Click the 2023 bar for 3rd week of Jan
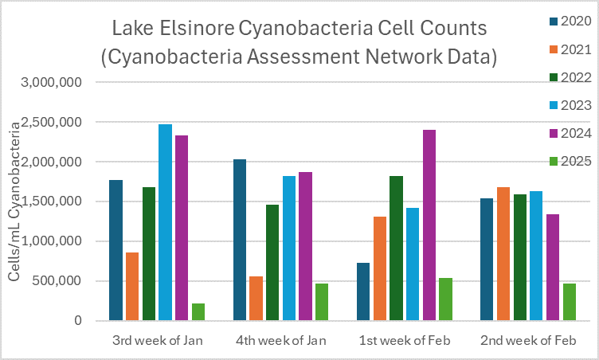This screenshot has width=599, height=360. (165, 222)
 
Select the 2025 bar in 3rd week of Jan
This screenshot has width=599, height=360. (198, 311)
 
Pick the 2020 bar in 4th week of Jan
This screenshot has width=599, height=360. (240, 240)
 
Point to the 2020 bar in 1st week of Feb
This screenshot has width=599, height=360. (363, 292)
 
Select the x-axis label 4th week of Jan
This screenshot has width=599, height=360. (281, 341)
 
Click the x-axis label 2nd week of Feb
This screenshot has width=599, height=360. (528, 341)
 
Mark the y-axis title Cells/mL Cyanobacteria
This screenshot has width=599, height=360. (14, 202)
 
